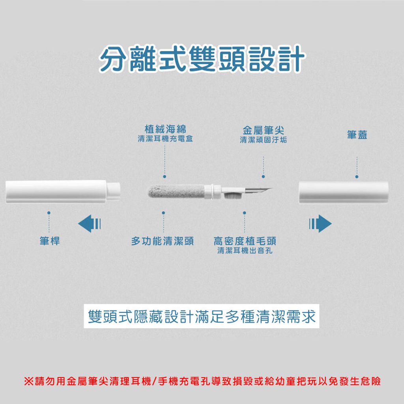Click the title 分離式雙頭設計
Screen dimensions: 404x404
coord(202,58)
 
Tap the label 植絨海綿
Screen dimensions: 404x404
coord(165,129)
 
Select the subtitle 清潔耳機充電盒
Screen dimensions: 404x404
coord(165,139)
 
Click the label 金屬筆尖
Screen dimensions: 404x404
coord(263,130)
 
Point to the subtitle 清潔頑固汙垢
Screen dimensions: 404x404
coord(263,140)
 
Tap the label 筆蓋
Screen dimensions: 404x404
coord(357,135)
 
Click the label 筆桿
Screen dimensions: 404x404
coord(50,241)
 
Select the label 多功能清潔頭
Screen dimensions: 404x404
coord(162,241)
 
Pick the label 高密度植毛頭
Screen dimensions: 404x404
coord(245,241)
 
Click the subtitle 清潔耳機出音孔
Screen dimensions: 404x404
coord(245,251)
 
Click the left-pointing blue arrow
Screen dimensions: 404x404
coord(90,223)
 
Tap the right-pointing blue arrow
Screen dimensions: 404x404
coord(320,223)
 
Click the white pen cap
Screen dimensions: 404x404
coord(344,192)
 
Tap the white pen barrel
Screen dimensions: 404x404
coord(63,192)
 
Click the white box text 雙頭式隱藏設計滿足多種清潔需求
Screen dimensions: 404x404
coord(202,316)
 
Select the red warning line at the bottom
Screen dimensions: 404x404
coord(202,381)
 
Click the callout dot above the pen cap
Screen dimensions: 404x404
coord(357,177)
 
